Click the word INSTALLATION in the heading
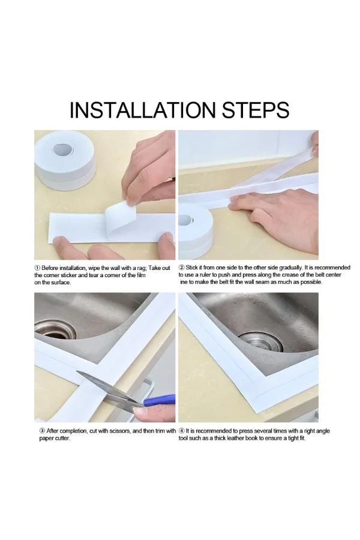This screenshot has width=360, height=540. (143, 110)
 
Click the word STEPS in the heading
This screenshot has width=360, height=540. (255, 110)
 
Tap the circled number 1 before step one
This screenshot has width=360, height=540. (37, 268)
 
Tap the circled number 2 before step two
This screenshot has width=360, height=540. (182, 268)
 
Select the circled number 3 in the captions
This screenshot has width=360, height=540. (42, 431)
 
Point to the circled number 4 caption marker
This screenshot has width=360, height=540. (182, 431)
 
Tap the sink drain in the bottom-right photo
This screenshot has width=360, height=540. (261, 341)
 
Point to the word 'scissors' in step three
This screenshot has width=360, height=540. (120, 431)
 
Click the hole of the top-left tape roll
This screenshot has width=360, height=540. (64, 149)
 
